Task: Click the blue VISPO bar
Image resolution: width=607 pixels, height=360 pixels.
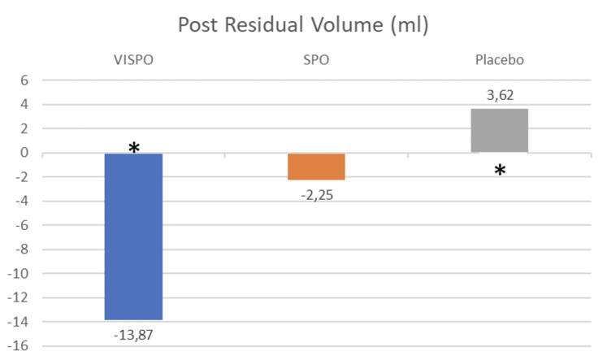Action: click(x=133, y=236)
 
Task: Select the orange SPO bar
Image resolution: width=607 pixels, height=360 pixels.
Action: click(x=305, y=167)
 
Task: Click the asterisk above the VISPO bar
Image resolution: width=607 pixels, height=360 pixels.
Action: click(x=133, y=148)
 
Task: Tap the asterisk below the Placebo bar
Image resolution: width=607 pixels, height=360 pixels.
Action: click(x=501, y=171)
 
